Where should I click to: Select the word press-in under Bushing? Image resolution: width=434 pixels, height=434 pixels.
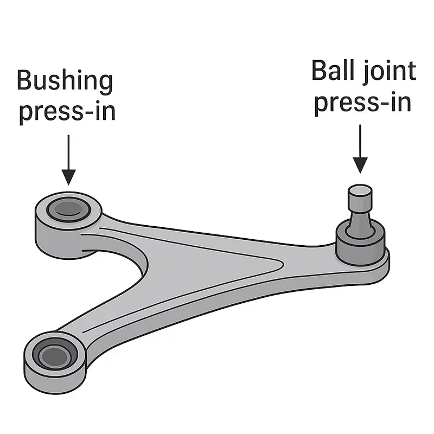coord(67,112)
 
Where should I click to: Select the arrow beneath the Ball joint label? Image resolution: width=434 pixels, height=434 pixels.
coord(360,149)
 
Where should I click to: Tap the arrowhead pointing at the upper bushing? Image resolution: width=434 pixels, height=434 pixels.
coord(68,176)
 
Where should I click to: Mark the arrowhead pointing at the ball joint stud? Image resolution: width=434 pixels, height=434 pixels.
coord(360,165)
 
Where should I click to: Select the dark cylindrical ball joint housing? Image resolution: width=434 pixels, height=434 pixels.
coord(360,244)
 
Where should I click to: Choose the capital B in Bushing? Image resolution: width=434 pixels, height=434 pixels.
coord(24,81)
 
